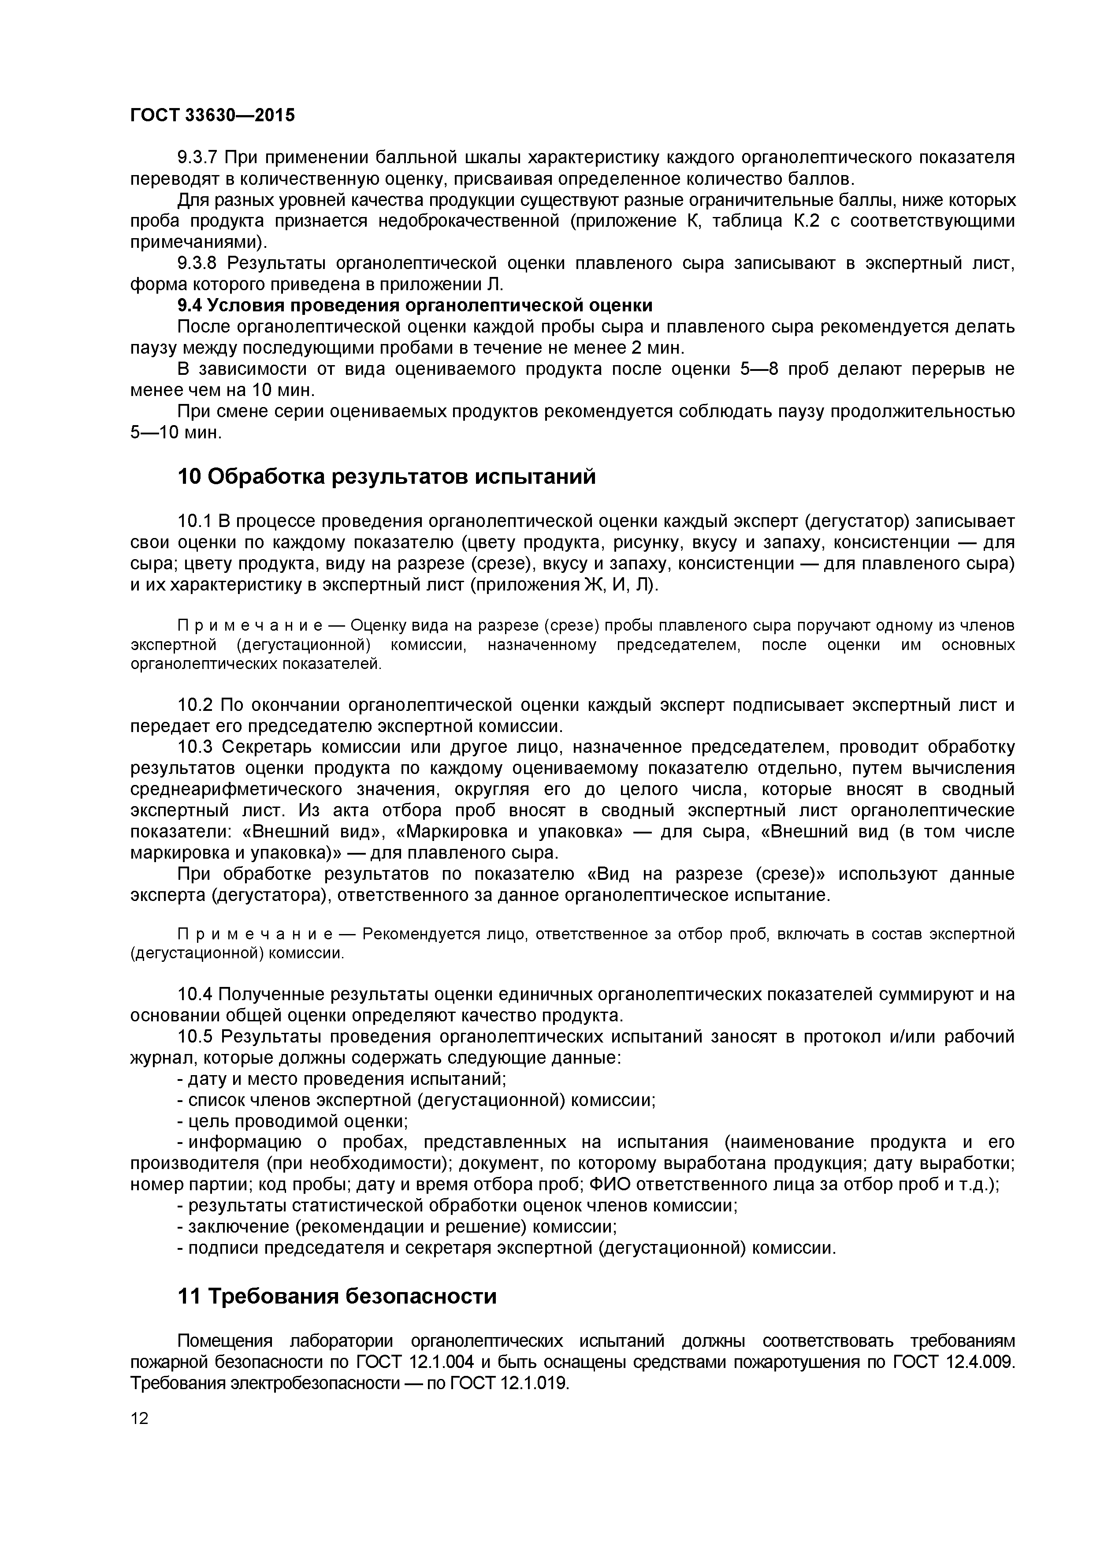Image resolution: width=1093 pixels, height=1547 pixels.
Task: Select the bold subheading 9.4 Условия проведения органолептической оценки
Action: click(x=414, y=305)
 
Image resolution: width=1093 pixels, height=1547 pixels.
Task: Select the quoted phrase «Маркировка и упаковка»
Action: click(x=509, y=831)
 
